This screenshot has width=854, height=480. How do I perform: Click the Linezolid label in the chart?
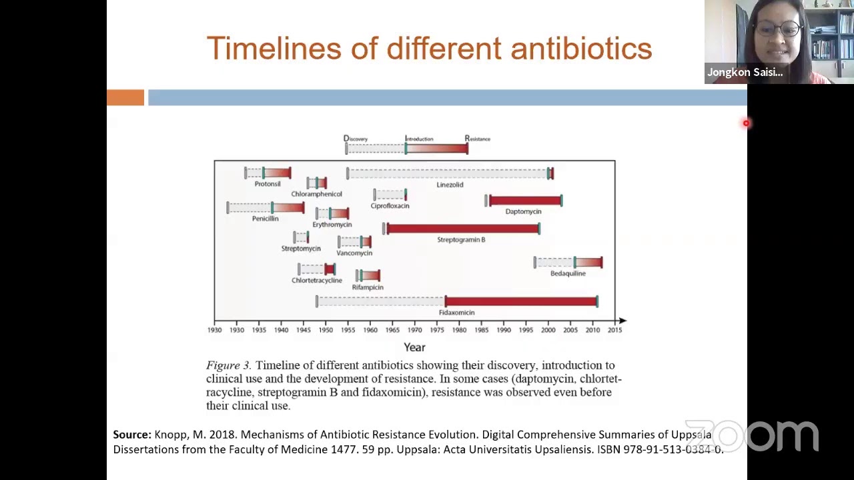(450, 185)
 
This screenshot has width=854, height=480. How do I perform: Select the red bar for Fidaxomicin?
(521, 301)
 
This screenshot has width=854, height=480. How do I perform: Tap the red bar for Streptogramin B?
(463, 229)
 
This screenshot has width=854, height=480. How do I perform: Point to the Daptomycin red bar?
(525, 201)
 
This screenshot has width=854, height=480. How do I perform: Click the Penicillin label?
(265, 219)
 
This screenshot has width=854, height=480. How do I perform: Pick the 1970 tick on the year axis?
(414, 330)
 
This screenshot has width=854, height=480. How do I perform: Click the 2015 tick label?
(614, 330)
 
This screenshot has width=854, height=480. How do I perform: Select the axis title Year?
(414, 347)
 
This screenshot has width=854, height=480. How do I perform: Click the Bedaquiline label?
(568, 273)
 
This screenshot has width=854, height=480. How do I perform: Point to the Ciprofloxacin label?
(390, 206)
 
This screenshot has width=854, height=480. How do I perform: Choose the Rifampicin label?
(368, 287)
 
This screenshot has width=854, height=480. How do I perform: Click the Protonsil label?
(268, 184)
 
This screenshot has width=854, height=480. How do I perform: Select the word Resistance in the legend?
(478, 139)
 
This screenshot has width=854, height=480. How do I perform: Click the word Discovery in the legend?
(356, 139)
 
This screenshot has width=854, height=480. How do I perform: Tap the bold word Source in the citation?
(132, 435)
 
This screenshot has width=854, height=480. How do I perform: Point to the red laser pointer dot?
(746, 123)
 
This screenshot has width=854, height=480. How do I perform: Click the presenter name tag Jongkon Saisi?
(745, 73)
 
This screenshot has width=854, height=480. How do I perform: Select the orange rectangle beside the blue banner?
(125, 98)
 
